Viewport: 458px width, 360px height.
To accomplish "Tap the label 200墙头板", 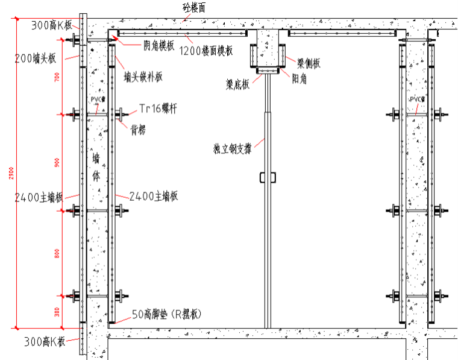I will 37,58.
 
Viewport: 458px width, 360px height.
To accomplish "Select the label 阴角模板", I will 159,45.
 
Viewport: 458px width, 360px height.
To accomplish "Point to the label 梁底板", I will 237,85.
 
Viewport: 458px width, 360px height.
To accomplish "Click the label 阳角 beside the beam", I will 300,78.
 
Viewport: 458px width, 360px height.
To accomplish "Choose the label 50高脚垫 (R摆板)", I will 166,314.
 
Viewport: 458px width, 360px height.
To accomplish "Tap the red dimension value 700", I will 57,77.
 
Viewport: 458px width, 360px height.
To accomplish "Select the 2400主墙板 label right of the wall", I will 154,196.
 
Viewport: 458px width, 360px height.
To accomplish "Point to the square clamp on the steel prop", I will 268,178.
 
